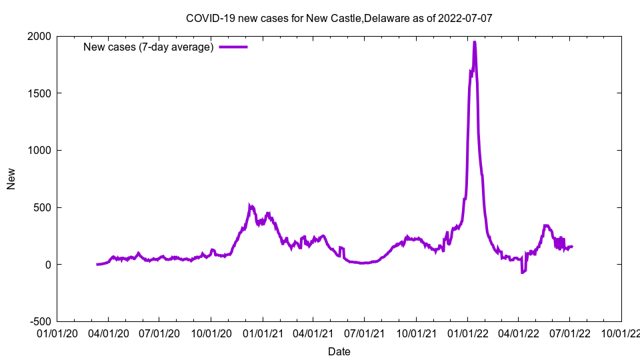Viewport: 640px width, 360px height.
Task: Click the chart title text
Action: [339, 18]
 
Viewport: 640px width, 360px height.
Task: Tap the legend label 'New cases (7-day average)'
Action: [148, 47]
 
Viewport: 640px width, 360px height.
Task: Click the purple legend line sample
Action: [233, 47]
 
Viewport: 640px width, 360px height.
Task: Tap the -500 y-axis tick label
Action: [41, 321]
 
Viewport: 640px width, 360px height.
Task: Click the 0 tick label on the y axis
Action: [49, 265]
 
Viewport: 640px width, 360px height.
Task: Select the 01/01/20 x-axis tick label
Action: [57, 331]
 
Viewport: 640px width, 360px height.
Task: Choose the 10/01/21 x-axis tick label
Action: [416, 331]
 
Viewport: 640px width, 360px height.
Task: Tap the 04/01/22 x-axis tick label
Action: [519, 331]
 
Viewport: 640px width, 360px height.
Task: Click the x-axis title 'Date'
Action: [339, 351]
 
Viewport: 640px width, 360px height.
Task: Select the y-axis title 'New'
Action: [11, 179]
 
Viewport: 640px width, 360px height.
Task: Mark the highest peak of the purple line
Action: [474, 42]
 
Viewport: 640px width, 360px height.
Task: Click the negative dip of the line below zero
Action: [523, 272]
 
